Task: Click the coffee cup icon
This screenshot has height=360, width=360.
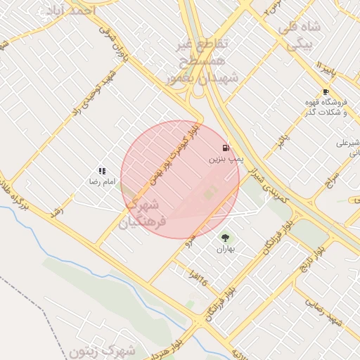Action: [x=325, y=92]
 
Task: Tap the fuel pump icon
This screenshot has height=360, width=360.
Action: [x=225, y=148]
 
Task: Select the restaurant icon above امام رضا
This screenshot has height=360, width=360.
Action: [x=102, y=170]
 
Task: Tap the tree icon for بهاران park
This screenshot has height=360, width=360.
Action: [x=225, y=238]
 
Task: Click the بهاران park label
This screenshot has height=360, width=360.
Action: [x=224, y=249]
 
